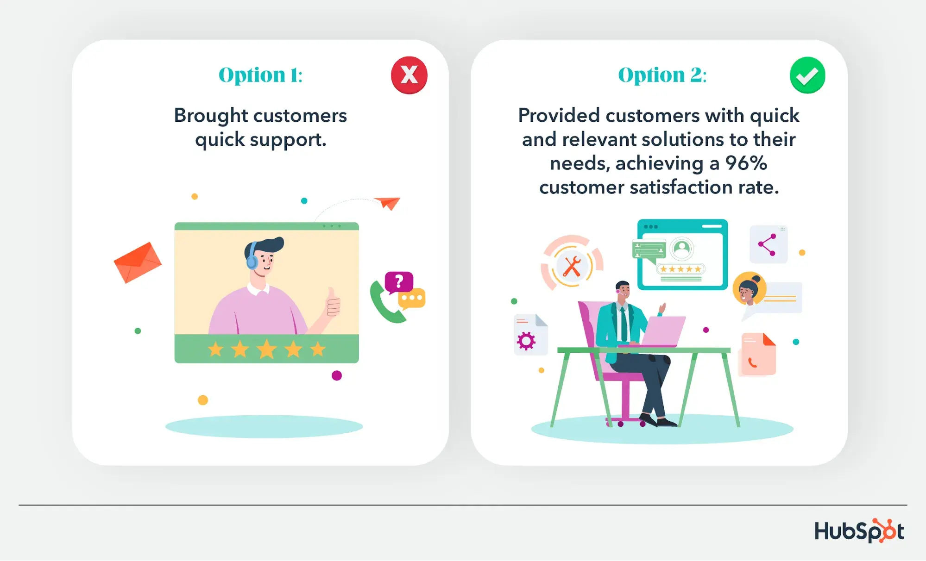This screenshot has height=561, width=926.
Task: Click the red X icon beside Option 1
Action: (x=409, y=75)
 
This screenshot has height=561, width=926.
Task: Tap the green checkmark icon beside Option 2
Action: (x=807, y=75)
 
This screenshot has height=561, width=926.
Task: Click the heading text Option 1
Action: (x=260, y=75)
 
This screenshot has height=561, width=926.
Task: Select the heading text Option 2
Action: (x=662, y=75)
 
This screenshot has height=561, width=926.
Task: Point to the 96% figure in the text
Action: (x=746, y=163)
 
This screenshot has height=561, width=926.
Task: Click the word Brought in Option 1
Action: (x=211, y=116)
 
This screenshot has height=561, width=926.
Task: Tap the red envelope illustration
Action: (x=138, y=262)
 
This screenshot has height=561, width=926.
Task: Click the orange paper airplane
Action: (x=388, y=203)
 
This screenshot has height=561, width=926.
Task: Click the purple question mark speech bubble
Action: (x=399, y=282)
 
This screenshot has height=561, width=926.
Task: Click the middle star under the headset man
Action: (x=267, y=349)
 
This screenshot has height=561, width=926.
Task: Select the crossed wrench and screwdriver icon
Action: (x=572, y=266)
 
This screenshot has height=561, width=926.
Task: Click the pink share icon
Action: (x=767, y=245)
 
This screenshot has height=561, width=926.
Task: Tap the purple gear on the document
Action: (x=526, y=341)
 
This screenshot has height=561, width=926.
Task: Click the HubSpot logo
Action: (x=859, y=531)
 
